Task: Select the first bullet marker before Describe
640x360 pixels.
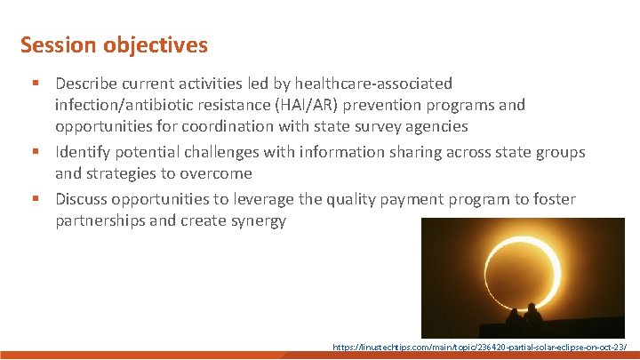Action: pyautogui.click(x=33, y=84)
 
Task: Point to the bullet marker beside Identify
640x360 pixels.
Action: pyautogui.click(x=33, y=152)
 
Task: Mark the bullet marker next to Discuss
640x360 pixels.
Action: pyautogui.click(x=33, y=199)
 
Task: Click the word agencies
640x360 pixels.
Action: pyautogui.click(x=436, y=126)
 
